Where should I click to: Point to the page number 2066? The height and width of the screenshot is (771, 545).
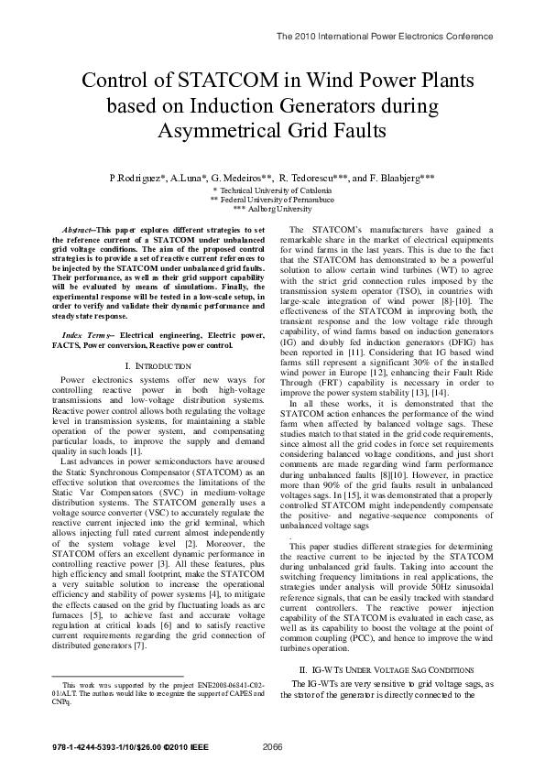click(272, 747)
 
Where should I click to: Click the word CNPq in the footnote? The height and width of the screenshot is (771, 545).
click(60, 703)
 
